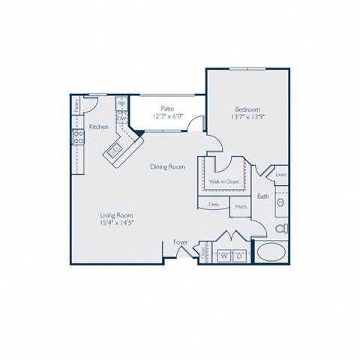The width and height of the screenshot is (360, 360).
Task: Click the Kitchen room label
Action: [99, 127]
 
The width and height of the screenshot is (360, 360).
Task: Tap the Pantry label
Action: [77, 106]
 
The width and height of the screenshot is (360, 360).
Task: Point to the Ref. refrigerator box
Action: [120, 104]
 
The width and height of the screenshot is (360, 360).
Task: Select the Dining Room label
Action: [166, 167]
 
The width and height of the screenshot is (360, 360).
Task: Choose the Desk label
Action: [214, 204]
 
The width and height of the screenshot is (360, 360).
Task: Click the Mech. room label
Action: [241, 205]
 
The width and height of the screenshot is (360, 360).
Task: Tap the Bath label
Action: [263, 196]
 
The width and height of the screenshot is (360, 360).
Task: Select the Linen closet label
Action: [280, 175]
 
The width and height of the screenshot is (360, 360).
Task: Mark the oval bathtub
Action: [271, 253]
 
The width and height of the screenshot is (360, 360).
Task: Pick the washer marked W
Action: [223, 256]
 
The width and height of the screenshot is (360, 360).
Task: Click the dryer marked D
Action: [239, 256]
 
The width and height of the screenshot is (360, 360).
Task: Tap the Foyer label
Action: [181, 242]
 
